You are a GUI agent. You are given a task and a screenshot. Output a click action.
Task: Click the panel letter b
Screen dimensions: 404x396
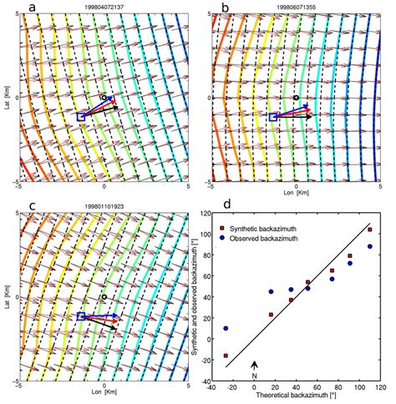(224, 8)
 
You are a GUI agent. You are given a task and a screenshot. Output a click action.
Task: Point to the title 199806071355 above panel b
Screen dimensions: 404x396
(297, 7)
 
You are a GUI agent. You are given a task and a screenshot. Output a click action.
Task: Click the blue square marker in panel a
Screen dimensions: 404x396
(81, 118)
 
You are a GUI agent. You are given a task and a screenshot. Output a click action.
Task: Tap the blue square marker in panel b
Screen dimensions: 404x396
(273, 117)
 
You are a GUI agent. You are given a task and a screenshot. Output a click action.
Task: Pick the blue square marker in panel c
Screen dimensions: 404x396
(81, 316)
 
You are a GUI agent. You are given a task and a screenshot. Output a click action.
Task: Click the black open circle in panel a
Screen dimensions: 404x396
(103, 98)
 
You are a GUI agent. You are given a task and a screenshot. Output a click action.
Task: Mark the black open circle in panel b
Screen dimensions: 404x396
(296, 98)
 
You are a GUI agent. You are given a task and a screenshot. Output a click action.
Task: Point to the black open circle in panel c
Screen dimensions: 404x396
(103, 297)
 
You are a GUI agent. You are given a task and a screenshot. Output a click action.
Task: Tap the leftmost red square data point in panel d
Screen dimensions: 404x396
(226, 356)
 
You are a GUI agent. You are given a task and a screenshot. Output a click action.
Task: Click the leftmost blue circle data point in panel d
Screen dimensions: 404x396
(226, 329)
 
